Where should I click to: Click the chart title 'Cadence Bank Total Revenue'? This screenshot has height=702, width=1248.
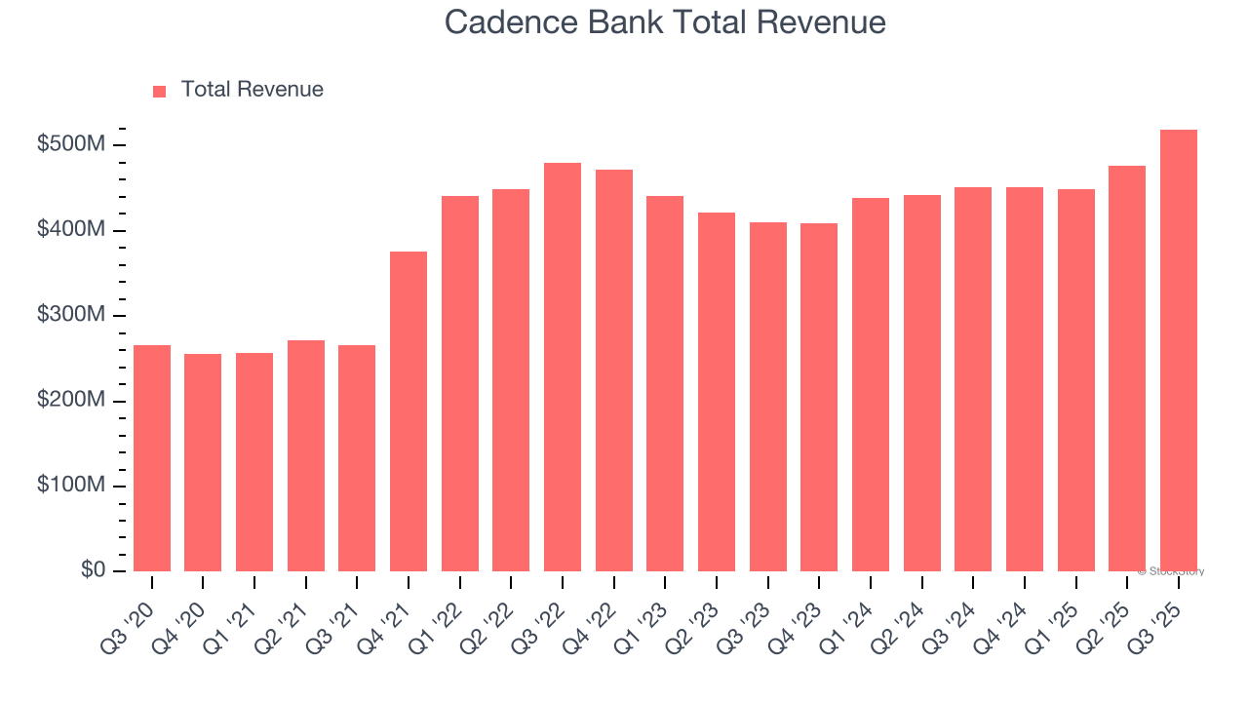pyautogui.click(x=665, y=22)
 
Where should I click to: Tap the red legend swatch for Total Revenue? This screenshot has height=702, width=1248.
pyautogui.click(x=160, y=91)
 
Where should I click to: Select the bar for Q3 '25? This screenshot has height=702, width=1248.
pyautogui.click(x=1179, y=351)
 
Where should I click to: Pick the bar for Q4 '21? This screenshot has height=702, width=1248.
pyautogui.click(x=409, y=411)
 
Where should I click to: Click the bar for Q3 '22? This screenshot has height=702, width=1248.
pyautogui.click(x=563, y=367)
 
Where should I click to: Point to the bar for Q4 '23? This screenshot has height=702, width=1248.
pyautogui.click(x=819, y=397)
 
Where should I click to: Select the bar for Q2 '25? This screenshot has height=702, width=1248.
pyautogui.click(x=1127, y=369)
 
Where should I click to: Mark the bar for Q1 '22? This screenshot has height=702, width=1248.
pyautogui.click(x=460, y=383)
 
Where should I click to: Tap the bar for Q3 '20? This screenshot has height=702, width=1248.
pyautogui.click(x=152, y=458)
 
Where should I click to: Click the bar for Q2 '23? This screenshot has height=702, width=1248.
pyautogui.click(x=717, y=392)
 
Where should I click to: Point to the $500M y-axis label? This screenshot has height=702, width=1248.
pyautogui.click(x=71, y=145)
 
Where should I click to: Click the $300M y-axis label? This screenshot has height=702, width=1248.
pyautogui.click(x=71, y=316)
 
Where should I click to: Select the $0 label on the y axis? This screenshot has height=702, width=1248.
pyautogui.click(x=94, y=571)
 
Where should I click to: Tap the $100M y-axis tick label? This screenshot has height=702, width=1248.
pyautogui.click(x=71, y=487)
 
